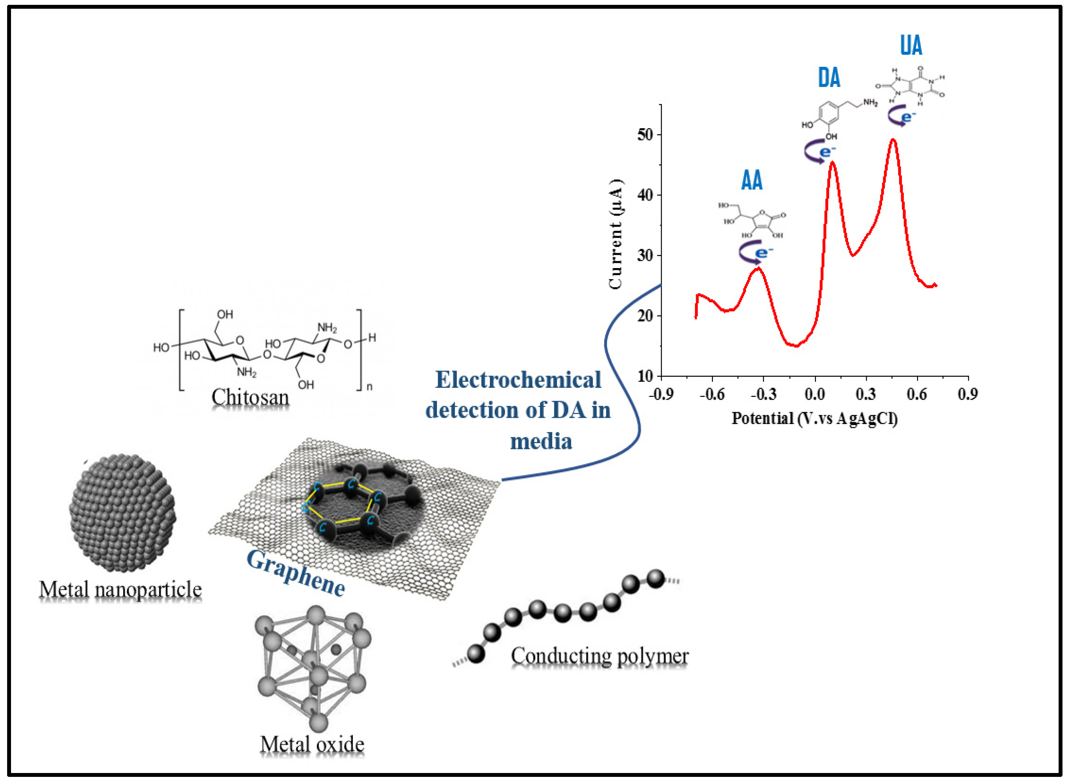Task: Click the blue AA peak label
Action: click(752, 181)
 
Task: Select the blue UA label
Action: click(911, 46)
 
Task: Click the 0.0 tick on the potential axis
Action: click(815, 394)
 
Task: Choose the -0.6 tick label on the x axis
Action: click(712, 394)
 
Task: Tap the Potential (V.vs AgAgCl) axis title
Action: click(814, 419)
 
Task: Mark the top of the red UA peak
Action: click(893, 140)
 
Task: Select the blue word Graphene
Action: click(295, 573)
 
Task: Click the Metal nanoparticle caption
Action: click(120, 590)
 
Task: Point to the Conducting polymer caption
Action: click(599, 656)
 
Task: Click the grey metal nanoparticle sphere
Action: click(122, 512)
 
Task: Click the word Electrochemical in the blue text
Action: click(518, 380)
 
